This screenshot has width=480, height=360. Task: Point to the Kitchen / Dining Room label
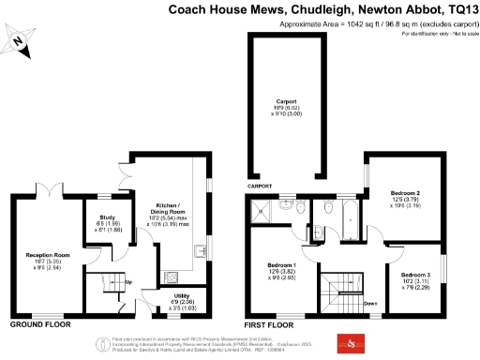169,216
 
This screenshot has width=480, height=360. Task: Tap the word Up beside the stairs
127,282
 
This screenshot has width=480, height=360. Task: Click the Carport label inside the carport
286,106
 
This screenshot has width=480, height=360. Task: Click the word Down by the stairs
370,303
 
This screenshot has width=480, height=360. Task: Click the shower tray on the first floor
266,211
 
